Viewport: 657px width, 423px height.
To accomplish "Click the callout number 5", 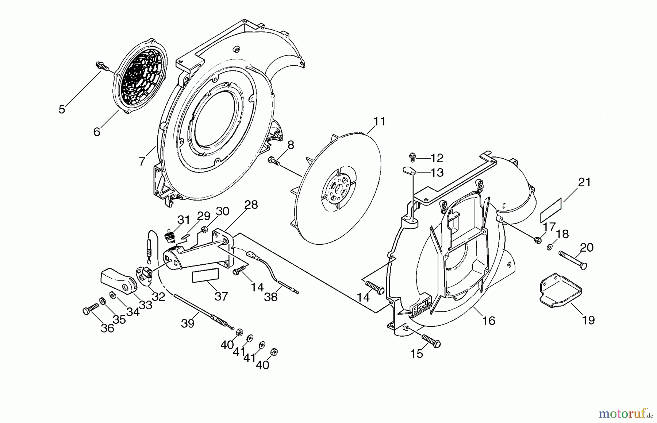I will tap(62, 109).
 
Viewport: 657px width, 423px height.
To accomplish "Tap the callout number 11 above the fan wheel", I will tap(379, 121).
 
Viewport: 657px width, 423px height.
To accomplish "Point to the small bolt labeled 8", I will tap(274, 161).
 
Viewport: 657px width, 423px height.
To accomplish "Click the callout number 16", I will tap(489, 321).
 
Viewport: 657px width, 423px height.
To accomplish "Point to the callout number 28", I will tap(251, 205).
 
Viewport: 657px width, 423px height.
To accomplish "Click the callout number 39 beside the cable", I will tap(188, 323).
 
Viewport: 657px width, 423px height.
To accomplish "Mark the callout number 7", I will tap(142, 160).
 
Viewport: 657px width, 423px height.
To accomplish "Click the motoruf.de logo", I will tap(625, 414).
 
